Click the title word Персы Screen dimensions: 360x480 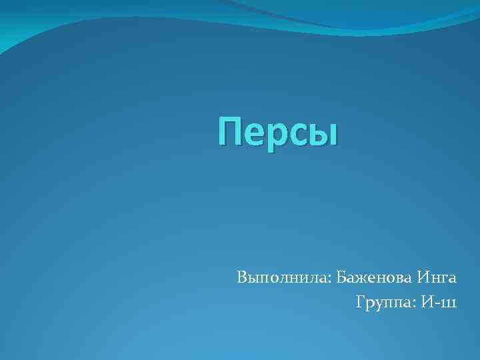[278, 131]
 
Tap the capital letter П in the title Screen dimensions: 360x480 [230, 131]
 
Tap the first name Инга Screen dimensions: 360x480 [437, 277]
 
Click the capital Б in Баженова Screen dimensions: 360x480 [341, 276]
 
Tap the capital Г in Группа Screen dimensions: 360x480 [361, 302]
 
